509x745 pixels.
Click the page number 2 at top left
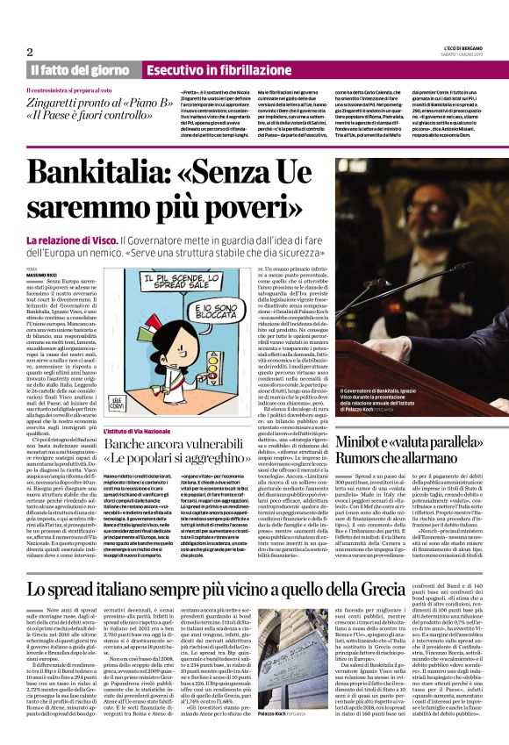(30, 51)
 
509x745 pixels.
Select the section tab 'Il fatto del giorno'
(82, 69)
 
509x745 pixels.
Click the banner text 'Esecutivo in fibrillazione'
(208, 69)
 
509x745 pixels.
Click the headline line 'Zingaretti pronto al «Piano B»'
(85, 101)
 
